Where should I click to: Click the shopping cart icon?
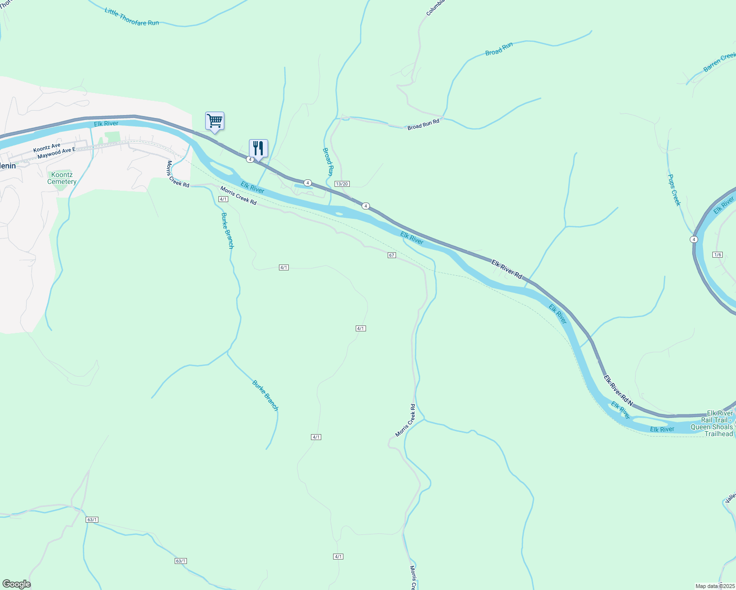(x=215, y=121)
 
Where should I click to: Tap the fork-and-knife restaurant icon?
(x=258, y=148)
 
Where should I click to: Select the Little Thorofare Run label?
(x=131, y=17)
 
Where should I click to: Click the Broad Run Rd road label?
(x=423, y=124)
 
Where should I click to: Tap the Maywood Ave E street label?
(x=57, y=153)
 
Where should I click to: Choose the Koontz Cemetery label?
(x=62, y=178)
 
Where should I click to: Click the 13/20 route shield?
(x=341, y=184)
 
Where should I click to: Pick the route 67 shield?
(x=392, y=255)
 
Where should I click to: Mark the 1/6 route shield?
(x=717, y=254)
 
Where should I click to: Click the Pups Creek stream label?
(x=674, y=190)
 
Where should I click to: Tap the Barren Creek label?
(x=719, y=62)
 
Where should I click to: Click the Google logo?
(x=16, y=584)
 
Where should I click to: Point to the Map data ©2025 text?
(x=715, y=586)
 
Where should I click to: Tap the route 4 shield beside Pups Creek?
(x=694, y=239)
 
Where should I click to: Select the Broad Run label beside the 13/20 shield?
(x=328, y=162)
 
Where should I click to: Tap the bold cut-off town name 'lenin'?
(x=8, y=166)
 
